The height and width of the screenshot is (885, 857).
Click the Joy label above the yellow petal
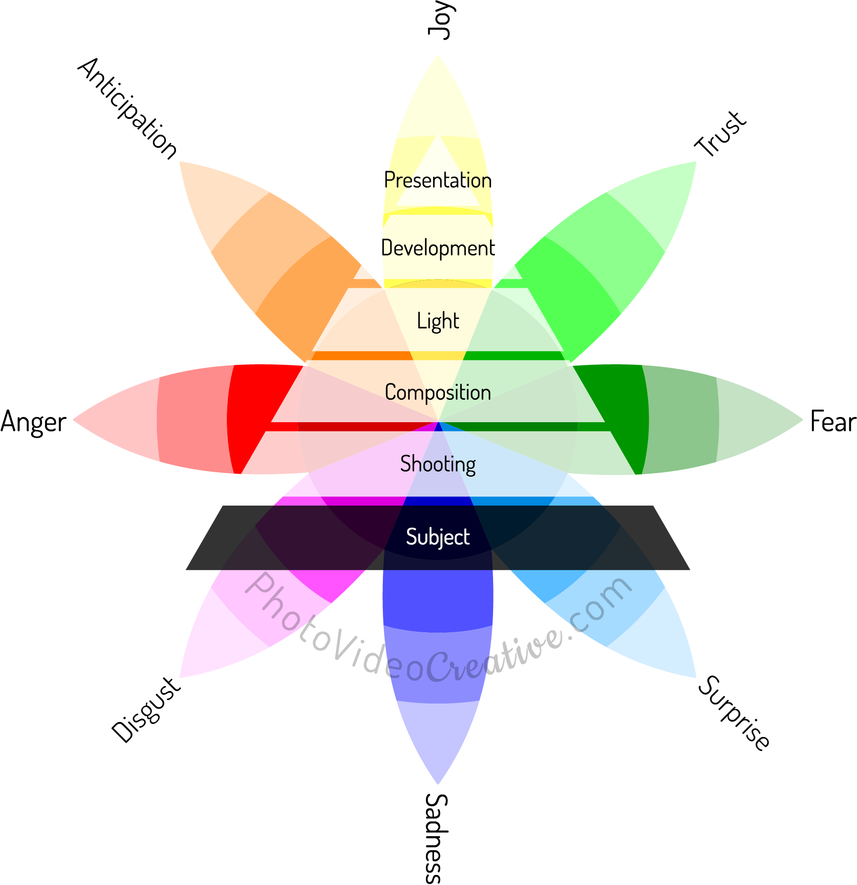click(x=439, y=20)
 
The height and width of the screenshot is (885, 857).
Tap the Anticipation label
click(x=127, y=108)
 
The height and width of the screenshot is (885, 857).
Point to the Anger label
click(x=33, y=422)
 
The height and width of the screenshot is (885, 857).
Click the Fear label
click(x=833, y=421)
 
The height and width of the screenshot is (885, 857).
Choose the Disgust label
click(x=146, y=710)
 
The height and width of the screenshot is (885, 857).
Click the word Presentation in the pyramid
click(x=437, y=181)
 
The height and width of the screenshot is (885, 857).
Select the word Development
click(x=437, y=248)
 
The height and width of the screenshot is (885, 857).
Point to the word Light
click(x=437, y=321)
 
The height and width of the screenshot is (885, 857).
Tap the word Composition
click(x=437, y=392)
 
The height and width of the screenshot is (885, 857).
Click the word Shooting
click(x=437, y=464)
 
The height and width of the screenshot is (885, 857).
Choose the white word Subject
click(x=437, y=537)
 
